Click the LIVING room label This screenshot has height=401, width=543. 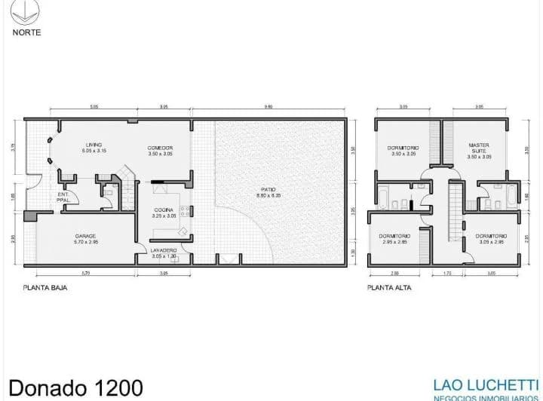[x=94, y=145]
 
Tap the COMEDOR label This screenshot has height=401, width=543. [x=160, y=147]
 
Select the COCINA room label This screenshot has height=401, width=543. [x=164, y=210]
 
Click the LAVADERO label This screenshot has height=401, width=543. [x=164, y=249]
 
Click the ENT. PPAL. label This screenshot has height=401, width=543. [x=64, y=198]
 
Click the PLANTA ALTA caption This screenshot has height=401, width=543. [x=387, y=287]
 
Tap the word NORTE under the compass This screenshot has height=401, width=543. [x=27, y=32]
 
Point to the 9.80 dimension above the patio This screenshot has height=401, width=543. [x=268, y=107]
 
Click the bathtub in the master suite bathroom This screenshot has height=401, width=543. [x=513, y=197]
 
